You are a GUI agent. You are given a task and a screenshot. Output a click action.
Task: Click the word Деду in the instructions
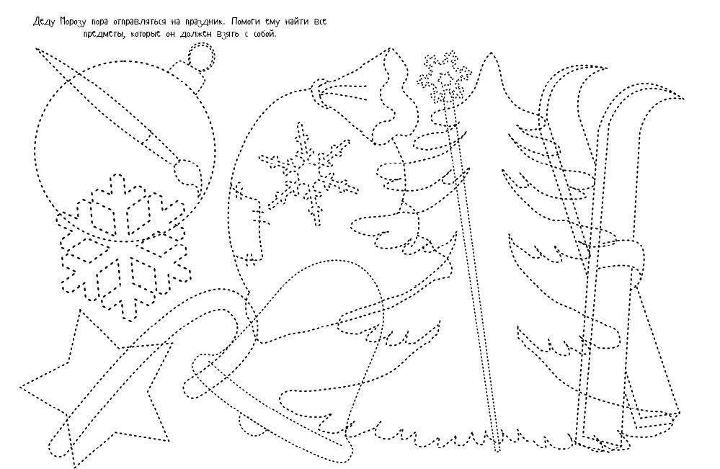pos(44,22)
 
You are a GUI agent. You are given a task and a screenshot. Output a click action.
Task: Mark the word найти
pos(298,22)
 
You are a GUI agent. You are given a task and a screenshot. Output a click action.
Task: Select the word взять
pos(226,35)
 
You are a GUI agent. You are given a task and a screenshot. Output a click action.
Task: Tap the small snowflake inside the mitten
pos(308,175)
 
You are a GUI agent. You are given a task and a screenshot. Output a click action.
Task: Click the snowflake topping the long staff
pos(445,77)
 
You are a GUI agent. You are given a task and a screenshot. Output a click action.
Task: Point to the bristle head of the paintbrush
pos(187,173)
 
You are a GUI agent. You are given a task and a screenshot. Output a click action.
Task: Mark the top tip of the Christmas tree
pos(491,53)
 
